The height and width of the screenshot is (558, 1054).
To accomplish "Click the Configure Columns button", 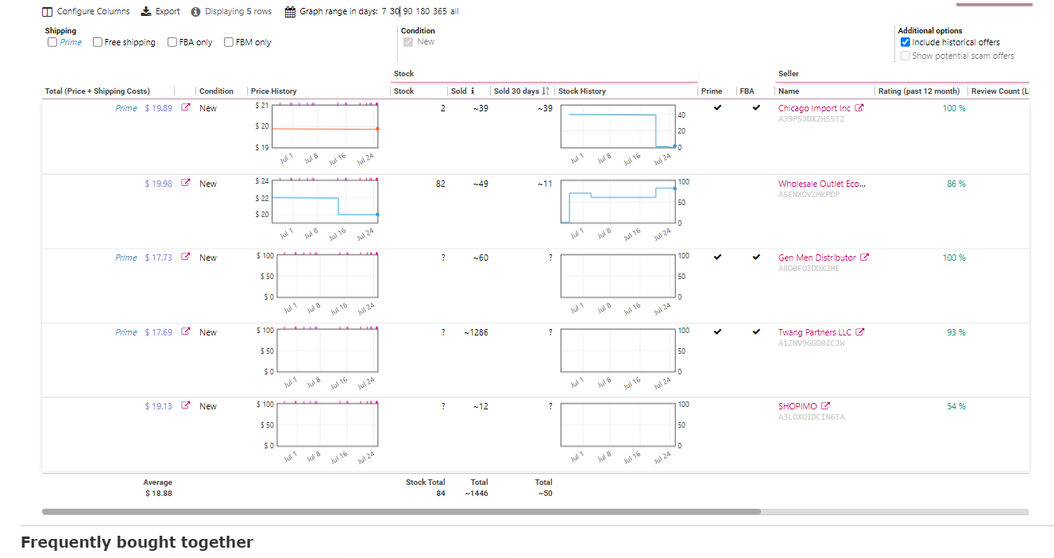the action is (86, 11).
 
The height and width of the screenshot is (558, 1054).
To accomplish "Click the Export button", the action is (160, 11).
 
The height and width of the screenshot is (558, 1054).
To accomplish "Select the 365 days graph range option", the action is (439, 11).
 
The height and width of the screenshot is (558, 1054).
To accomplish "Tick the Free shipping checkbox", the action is (98, 42).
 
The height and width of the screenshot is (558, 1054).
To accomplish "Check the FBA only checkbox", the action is (172, 42).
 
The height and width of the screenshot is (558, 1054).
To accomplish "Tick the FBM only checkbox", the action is (229, 42).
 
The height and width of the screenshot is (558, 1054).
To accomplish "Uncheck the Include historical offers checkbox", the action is (905, 42).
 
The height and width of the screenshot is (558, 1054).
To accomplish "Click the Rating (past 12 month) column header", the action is (919, 91).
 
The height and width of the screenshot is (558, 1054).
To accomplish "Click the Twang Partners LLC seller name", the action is (814, 332).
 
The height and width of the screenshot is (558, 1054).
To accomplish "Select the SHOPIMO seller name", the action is (797, 406).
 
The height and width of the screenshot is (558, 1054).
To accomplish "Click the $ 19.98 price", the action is (159, 184).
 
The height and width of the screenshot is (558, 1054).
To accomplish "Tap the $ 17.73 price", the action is (159, 258).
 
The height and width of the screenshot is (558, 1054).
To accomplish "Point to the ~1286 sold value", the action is (476, 332).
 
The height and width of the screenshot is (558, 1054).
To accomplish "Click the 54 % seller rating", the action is (956, 406).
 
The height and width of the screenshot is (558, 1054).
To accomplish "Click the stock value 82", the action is (440, 184).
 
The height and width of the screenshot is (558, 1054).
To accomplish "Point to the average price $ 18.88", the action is (159, 494).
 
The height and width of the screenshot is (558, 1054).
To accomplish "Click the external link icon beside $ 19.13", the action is (186, 405).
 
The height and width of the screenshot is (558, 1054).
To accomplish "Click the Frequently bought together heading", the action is (137, 542).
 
